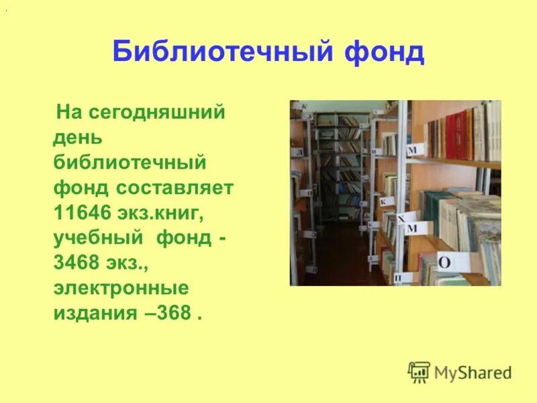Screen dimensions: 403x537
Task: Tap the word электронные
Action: [x=121, y=288]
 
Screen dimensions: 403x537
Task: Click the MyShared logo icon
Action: [x=419, y=371]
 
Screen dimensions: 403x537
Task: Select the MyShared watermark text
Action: [x=473, y=372]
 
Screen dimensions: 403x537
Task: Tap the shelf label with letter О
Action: [x=444, y=261]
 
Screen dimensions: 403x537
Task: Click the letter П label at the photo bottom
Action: [x=398, y=277]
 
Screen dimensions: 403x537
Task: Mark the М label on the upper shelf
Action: [x=413, y=149]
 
